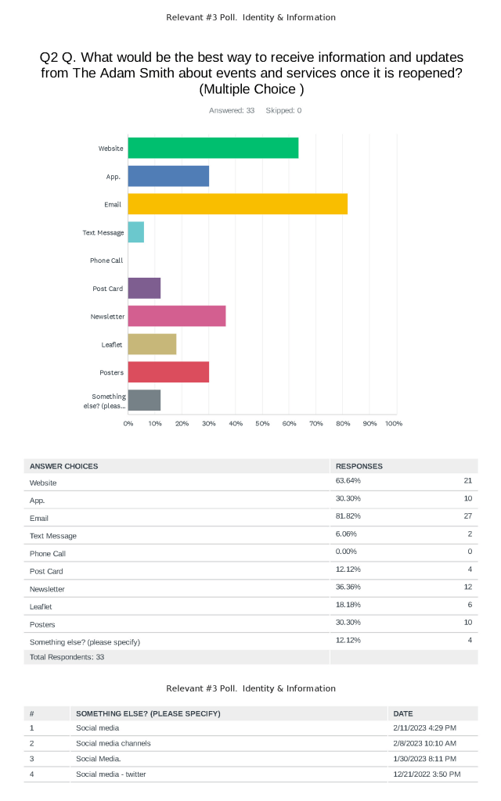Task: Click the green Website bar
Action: click(213, 148)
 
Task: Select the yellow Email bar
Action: click(237, 204)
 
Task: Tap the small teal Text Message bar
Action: click(136, 232)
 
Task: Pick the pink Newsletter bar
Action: click(177, 316)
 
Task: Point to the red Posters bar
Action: click(168, 372)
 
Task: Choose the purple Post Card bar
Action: click(144, 289)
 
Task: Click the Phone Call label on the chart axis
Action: click(106, 260)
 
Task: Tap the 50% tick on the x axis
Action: click(262, 423)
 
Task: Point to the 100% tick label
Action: click(394, 423)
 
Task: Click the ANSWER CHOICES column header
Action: click(64, 466)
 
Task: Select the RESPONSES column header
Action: click(359, 466)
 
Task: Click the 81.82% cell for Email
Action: click(348, 518)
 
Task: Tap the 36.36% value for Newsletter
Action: click(348, 588)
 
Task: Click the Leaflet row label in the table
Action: click(42, 606)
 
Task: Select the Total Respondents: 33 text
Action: click(67, 657)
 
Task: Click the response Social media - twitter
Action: click(110, 774)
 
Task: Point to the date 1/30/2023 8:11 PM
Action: click(424, 759)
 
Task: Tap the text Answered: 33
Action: click(232, 110)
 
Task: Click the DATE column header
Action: click(403, 713)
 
